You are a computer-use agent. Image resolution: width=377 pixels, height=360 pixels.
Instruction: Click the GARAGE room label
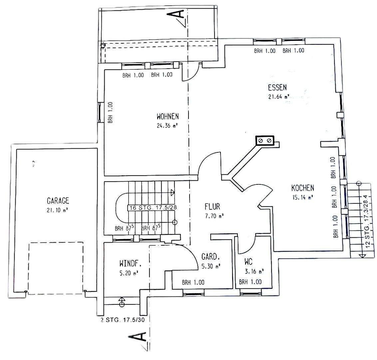point(58,200)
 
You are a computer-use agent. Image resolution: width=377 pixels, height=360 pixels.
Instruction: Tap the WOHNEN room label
point(168,116)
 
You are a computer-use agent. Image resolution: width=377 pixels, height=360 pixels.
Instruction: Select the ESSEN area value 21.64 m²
point(278,96)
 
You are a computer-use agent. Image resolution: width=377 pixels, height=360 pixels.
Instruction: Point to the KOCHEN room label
point(302,188)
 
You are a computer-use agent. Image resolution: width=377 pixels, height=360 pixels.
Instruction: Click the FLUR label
point(212,206)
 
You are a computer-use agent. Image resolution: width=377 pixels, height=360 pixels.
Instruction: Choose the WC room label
point(248,261)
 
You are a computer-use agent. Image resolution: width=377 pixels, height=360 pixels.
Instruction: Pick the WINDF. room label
point(130,264)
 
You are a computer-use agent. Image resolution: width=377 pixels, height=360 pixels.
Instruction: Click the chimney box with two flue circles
point(265,140)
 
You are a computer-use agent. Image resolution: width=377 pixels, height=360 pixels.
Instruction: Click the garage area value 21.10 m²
point(58,210)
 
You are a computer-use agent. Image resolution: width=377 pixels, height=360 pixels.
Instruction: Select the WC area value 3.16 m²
point(254,271)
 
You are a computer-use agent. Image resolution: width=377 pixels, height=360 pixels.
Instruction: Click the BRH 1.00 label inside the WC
point(250,282)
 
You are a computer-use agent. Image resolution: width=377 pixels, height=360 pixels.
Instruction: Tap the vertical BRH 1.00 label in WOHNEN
point(110,112)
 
